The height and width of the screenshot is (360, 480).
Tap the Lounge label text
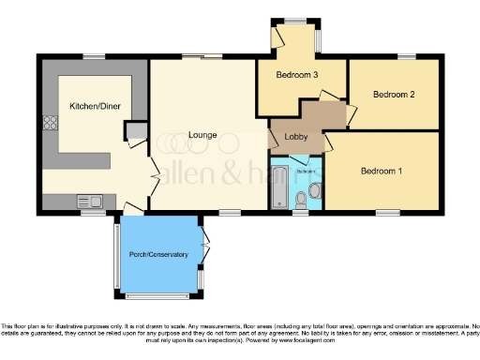202,136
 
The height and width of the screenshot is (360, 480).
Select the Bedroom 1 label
382,171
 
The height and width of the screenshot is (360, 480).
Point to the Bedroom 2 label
394,95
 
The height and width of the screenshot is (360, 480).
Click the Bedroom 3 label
296,75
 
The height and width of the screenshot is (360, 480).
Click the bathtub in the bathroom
278,187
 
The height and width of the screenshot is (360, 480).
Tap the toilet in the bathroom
300,199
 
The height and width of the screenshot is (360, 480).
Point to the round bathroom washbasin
315,190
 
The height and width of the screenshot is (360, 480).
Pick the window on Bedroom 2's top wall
405,57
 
